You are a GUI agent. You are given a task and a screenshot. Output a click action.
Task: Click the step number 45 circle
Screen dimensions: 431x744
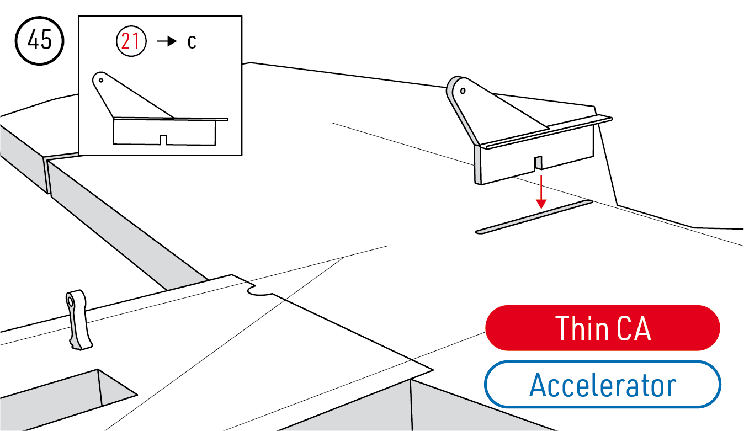[x=39, y=41]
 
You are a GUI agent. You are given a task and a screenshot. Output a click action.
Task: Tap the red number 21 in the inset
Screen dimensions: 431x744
[x=130, y=42]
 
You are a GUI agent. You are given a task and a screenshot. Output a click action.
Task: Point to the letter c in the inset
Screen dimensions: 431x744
[x=192, y=42]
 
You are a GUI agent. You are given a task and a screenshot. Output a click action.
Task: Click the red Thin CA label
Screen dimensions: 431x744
[x=603, y=328]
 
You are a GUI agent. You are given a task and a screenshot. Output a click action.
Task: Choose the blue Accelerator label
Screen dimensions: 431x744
[x=603, y=385]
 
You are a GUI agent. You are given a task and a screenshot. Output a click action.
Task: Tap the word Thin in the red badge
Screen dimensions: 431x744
[x=579, y=328]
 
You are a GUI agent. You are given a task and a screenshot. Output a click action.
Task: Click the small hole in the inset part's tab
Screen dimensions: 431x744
[x=101, y=79]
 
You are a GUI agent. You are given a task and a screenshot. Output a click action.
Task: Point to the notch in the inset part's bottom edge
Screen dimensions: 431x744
[x=163, y=140]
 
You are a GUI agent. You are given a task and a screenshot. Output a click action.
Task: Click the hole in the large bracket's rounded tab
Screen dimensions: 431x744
[x=463, y=90]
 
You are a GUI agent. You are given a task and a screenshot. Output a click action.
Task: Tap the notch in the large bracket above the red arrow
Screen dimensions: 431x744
[x=538, y=163]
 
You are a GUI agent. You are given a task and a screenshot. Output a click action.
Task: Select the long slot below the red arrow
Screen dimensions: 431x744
[x=534, y=216]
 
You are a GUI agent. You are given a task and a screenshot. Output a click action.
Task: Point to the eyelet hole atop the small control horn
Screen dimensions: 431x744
[x=72, y=301]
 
